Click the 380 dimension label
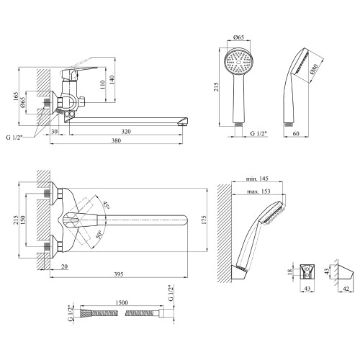click(116, 140)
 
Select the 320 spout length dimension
click(126, 132)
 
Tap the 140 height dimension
click(112, 80)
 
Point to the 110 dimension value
click(102, 85)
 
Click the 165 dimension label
click(16, 96)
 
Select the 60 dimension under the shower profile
click(296, 133)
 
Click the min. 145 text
click(257, 179)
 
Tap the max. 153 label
click(258, 192)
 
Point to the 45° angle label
click(106, 205)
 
